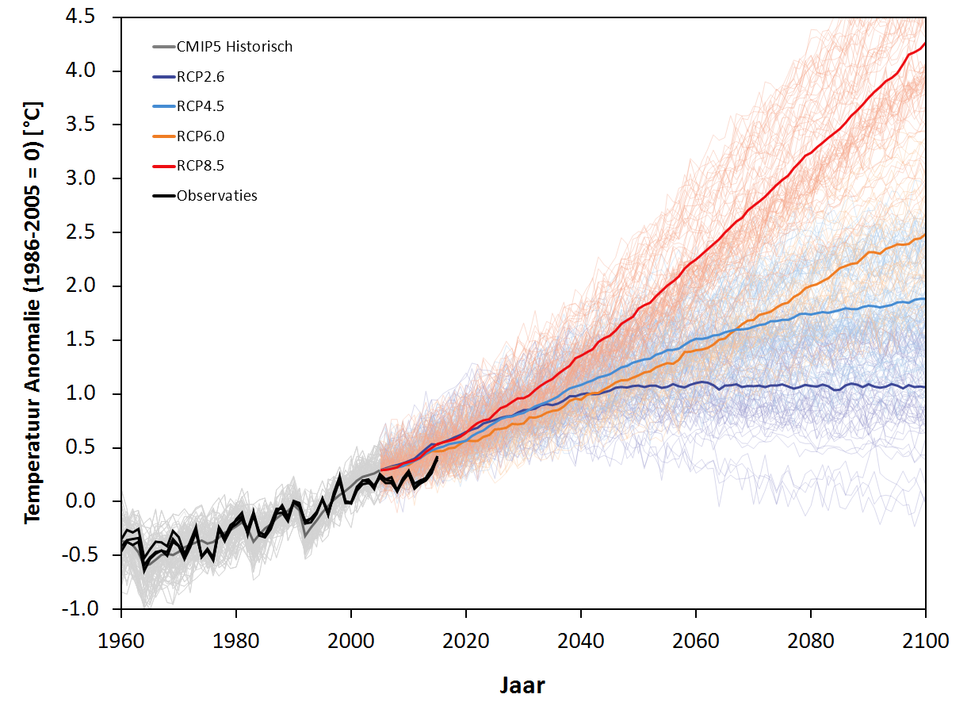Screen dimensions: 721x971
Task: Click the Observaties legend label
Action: point(217,196)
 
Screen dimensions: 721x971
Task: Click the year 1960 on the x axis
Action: point(121,639)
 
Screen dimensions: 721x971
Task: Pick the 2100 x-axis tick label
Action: point(925,639)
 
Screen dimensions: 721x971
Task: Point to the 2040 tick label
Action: point(581,639)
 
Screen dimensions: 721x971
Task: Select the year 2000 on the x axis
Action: point(351,639)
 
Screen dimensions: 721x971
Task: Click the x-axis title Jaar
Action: point(522,684)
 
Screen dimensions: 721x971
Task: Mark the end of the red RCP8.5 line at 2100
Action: point(925,43)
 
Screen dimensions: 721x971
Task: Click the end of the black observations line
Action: point(438,457)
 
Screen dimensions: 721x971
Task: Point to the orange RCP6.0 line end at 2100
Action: point(925,234)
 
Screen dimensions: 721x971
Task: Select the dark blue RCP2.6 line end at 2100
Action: point(925,387)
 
